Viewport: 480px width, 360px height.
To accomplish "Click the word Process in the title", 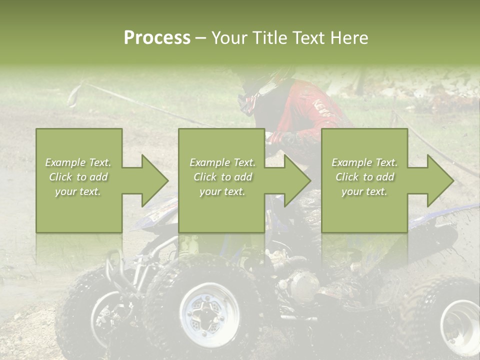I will point(157,37).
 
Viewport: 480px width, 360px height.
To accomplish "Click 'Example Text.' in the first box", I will point(78,162).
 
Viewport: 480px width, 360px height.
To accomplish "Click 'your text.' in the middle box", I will point(222,191).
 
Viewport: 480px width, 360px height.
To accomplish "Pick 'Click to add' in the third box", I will point(364,177).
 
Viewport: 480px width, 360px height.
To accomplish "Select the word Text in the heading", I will point(306,37).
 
